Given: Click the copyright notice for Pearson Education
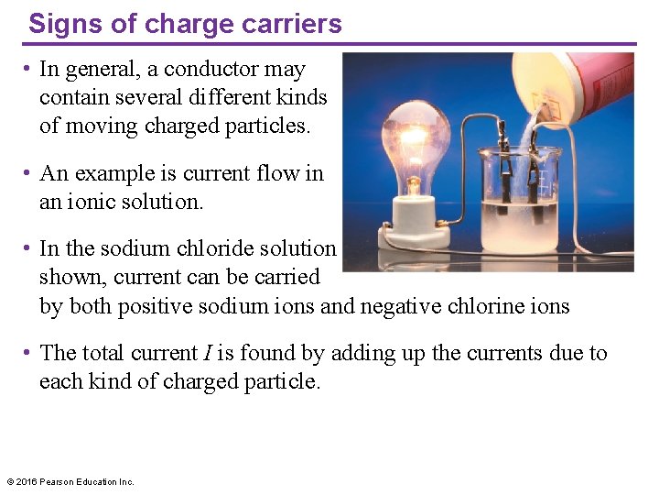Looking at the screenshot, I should pos(70,481).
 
